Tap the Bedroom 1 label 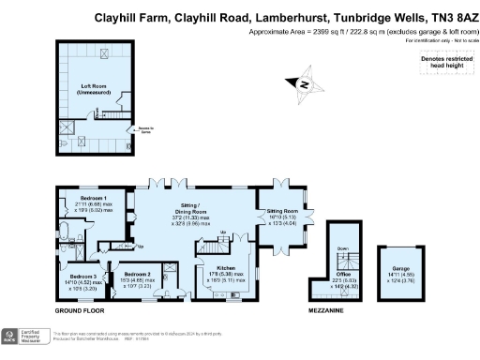92,200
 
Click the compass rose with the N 307,85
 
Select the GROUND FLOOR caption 82,309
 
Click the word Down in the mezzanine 343,248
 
